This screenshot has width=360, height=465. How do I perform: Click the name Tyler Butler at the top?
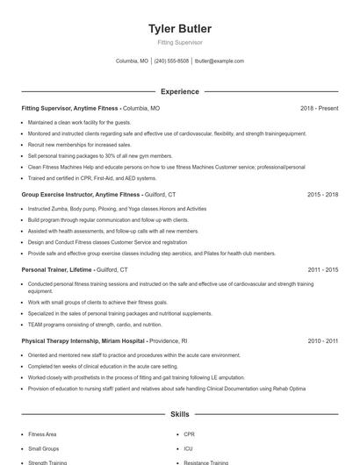coord(179,29)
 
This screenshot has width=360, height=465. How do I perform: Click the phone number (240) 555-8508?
coord(171,61)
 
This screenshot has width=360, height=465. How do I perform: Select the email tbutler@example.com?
coord(220,61)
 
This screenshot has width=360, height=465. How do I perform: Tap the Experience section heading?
coord(179,91)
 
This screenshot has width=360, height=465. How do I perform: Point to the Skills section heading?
coord(179,413)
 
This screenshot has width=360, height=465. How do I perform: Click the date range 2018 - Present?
coord(319,108)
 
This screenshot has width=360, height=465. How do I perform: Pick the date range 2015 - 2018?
coord(322,194)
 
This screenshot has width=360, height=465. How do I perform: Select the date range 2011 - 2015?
coord(322,270)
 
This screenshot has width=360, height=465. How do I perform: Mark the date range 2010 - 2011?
coord(322,340)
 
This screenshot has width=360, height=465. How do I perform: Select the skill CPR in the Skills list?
coord(189,434)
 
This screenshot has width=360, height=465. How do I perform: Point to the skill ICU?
coord(188,448)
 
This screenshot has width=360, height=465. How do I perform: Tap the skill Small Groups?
coord(43,448)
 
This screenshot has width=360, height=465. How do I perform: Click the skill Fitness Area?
coord(42,434)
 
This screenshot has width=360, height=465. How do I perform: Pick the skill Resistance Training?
coord(206,462)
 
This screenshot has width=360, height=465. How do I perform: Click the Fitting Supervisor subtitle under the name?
coord(179,42)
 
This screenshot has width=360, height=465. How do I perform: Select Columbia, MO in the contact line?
coord(132,61)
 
